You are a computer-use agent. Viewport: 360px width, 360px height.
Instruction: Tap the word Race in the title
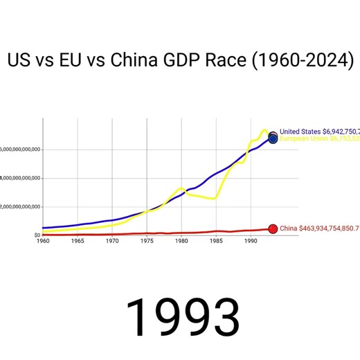click(224, 60)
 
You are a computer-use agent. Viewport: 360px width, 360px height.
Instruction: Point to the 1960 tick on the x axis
click(42, 241)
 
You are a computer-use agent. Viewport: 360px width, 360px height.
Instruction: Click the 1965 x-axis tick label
click(77, 241)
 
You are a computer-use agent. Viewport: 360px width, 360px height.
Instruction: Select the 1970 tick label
click(111, 241)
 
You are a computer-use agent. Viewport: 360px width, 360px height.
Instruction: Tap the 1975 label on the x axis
click(146, 241)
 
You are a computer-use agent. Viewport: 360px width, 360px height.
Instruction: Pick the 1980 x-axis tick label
click(181, 241)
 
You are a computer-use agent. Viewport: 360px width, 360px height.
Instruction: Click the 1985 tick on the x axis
click(215, 241)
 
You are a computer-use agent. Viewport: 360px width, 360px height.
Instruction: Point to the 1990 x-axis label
click(250, 241)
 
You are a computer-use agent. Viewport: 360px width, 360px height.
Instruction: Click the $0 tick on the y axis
click(37, 235)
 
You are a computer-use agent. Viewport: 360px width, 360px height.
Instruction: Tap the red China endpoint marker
click(273, 229)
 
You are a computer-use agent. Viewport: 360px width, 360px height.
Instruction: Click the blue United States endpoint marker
click(273, 138)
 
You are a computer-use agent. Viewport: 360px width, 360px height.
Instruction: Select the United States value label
click(319, 131)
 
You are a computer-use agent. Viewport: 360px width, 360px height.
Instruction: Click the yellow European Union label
click(319, 138)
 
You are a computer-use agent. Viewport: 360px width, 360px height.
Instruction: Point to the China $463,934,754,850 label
click(319, 228)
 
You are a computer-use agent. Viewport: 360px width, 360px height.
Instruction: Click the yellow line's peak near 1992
click(264, 129)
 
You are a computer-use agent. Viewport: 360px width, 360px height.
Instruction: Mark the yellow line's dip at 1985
click(215, 198)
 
